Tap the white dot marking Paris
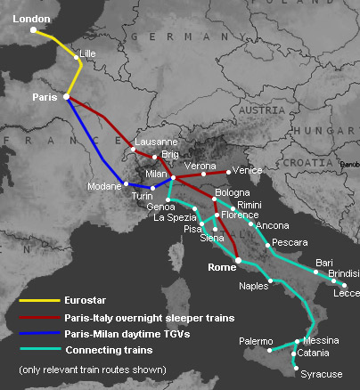66,98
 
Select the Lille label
87,54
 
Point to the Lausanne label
155,142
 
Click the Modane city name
105,187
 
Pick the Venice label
248,169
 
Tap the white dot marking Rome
238,260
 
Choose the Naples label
254,287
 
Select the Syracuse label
319,374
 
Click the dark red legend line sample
38,317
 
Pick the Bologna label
232,192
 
